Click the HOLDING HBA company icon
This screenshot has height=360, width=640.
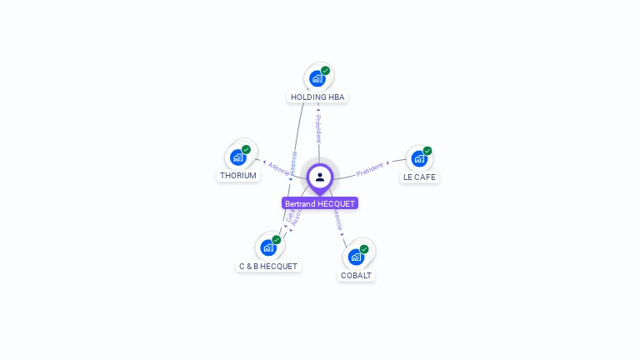317,78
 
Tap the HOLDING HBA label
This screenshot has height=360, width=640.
317,97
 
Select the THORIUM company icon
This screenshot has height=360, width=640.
238,157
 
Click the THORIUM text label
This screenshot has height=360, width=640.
238,176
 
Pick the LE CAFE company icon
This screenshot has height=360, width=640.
419,158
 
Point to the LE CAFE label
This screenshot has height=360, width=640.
419,177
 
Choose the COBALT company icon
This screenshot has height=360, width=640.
356,256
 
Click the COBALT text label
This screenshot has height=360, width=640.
357,275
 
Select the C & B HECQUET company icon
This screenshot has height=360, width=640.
268,247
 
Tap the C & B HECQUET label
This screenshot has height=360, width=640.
268,267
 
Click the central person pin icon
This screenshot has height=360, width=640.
320,177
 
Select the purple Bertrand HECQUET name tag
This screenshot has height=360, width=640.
320,203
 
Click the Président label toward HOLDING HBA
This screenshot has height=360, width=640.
318,129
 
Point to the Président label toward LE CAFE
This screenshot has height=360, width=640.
371,169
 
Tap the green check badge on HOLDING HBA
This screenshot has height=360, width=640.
325,71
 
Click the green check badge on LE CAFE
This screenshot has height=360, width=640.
427,151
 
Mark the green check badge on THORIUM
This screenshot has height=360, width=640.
246,149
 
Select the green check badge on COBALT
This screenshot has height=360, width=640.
364,248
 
